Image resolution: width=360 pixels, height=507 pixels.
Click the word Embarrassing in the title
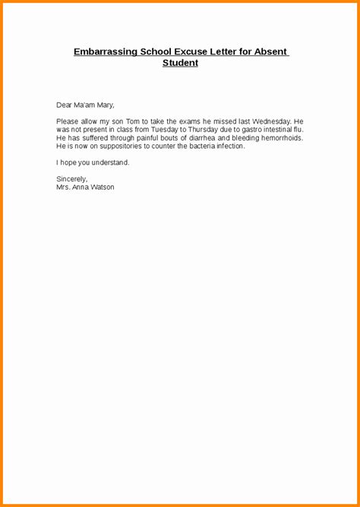106,52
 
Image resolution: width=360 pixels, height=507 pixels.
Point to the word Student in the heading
180,63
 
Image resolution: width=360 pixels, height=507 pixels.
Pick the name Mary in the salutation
103,105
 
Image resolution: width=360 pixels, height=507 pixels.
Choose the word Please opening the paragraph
68,121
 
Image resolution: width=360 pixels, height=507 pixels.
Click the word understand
108,163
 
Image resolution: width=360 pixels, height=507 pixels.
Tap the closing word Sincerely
71,179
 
